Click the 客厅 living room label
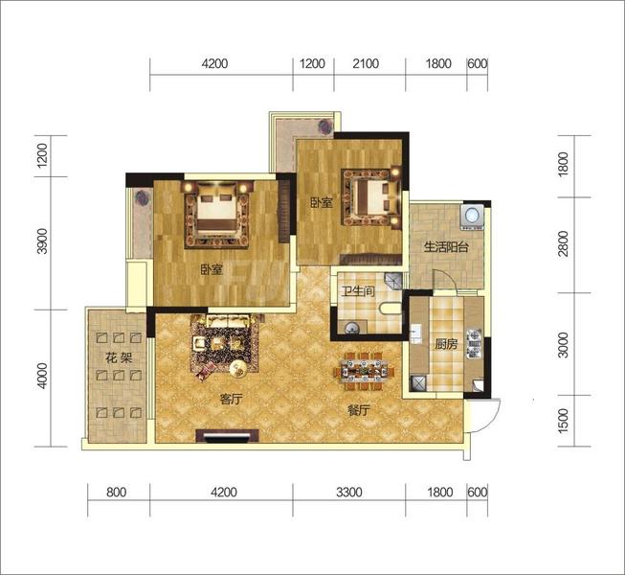tap(232, 399)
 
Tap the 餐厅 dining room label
tap(359, 410)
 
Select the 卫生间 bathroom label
tap(358, 291)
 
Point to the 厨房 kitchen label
tap(446, 344)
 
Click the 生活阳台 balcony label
tap(446, 247)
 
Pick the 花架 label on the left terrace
tap(119, 357)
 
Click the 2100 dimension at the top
tap(366, 63)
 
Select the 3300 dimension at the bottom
tap(349, 492)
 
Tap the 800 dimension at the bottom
tap(117, 492)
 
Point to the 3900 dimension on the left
tap(42, 241)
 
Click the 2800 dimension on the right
tap(563, 243)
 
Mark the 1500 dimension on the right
tap(563, 421)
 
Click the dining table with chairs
tap(364, 371)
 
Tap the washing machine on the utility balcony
tap(472, 218)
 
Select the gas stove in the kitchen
tap(474, 343)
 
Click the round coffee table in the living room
tap(239, 369)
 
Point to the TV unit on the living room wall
tap(227, 436)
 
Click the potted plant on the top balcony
tap(324, 126)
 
